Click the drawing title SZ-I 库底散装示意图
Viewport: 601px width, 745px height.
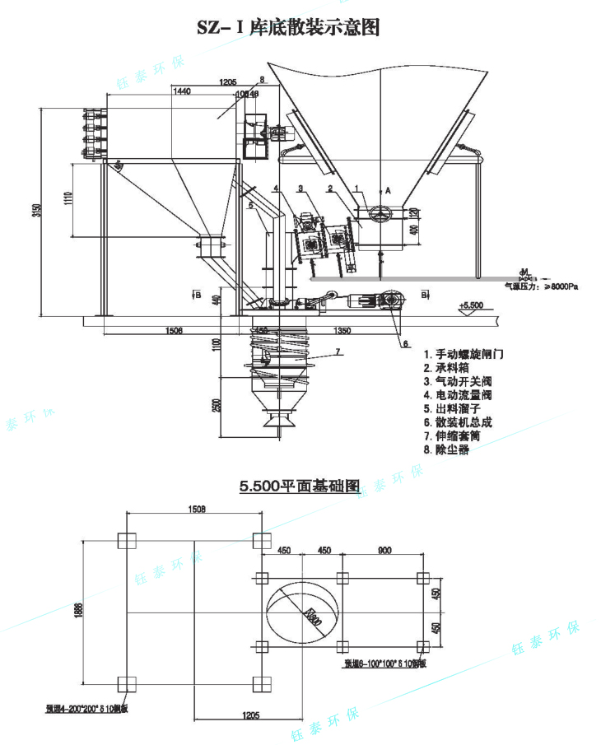click(288, 27)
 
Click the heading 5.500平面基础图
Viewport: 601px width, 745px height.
click(300, 487)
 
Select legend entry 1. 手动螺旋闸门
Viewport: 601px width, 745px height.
click(463, 353)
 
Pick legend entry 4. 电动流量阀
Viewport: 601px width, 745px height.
click(458, 394)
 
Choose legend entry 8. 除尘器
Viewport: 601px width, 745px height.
click(446, 450)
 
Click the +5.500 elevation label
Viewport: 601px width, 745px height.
click(471, 305)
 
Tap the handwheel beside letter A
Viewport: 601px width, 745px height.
click(377, 212)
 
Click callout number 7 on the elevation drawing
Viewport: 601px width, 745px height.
click(336, 352)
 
